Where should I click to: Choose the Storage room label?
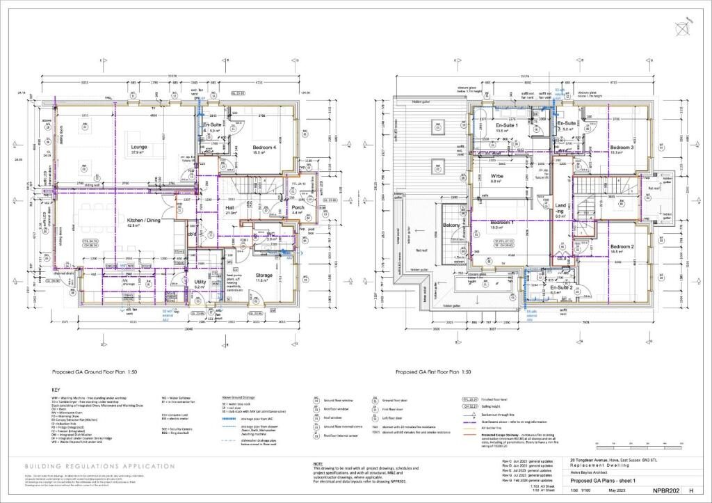click(x=264, y=275)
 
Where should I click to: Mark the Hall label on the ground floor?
click(x=230, y=208)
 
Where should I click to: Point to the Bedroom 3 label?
click(x=622, y=147)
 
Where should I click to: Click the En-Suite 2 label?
click(x=561, y=287)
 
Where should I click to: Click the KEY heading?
click(x=56, y=389)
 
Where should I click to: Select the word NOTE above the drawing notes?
click(x=318, y=463)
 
